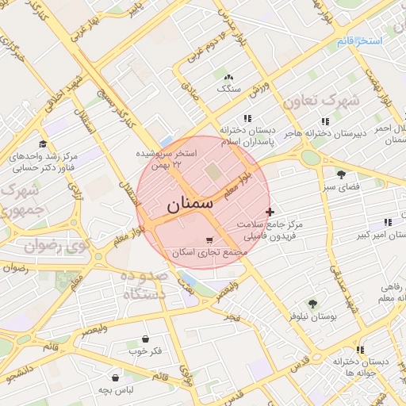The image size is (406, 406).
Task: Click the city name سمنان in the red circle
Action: pos(190,205)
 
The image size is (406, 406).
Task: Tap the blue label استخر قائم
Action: pos(359,40)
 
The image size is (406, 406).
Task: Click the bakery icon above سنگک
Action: pos(229,77)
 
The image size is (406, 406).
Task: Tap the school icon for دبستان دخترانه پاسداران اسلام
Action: pos(248,119)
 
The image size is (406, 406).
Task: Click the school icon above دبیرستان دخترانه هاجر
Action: pos(325,121)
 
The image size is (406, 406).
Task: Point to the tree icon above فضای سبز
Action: pos(341,174)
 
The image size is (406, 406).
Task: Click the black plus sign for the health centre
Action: pos(271,212)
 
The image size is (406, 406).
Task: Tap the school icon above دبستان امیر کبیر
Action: pos(387,223)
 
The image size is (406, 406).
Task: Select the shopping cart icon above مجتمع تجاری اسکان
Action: pos(209,240)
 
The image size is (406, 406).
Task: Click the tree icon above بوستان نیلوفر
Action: pos(312,304)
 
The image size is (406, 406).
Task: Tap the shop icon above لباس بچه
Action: pos(116,378)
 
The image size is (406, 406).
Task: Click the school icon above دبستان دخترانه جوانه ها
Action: pos(360,349)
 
